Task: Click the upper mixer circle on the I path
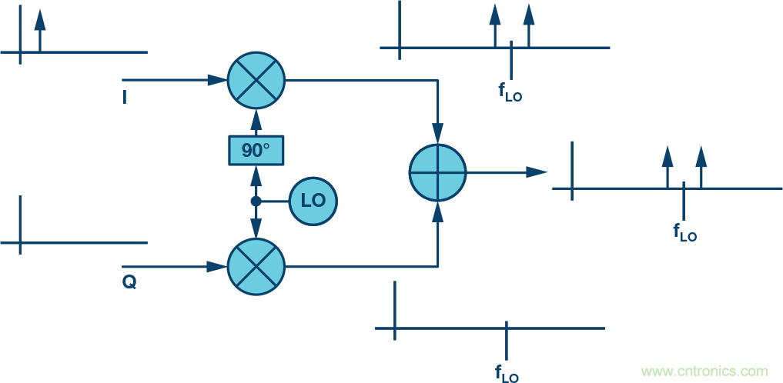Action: [x=256, y=80]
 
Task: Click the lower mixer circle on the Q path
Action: [x=256, y=267]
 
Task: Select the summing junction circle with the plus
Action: [x=437, y=172]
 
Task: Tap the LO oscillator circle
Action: [x=313, y=201]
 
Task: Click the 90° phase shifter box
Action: [x=256, y=150]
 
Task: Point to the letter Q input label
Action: [x=129, y=282]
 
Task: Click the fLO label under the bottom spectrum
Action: [x=506, y=374]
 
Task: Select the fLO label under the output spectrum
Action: [x=684, y=231]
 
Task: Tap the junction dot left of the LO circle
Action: [x=256, y=201]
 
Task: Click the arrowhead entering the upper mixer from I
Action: [x=218, y=80]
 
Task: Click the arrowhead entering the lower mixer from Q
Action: [x=218, y=267]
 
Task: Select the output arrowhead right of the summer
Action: [x=537, y=172]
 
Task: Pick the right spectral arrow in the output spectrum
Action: [x=701, y=165]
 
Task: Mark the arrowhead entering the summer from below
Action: [x=437, y=211]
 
